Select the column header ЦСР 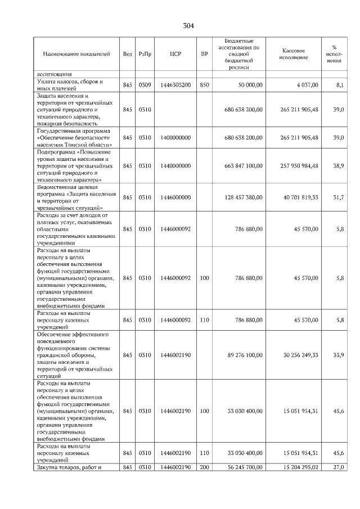coord(174,54)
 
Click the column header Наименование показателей coord(76,54)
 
